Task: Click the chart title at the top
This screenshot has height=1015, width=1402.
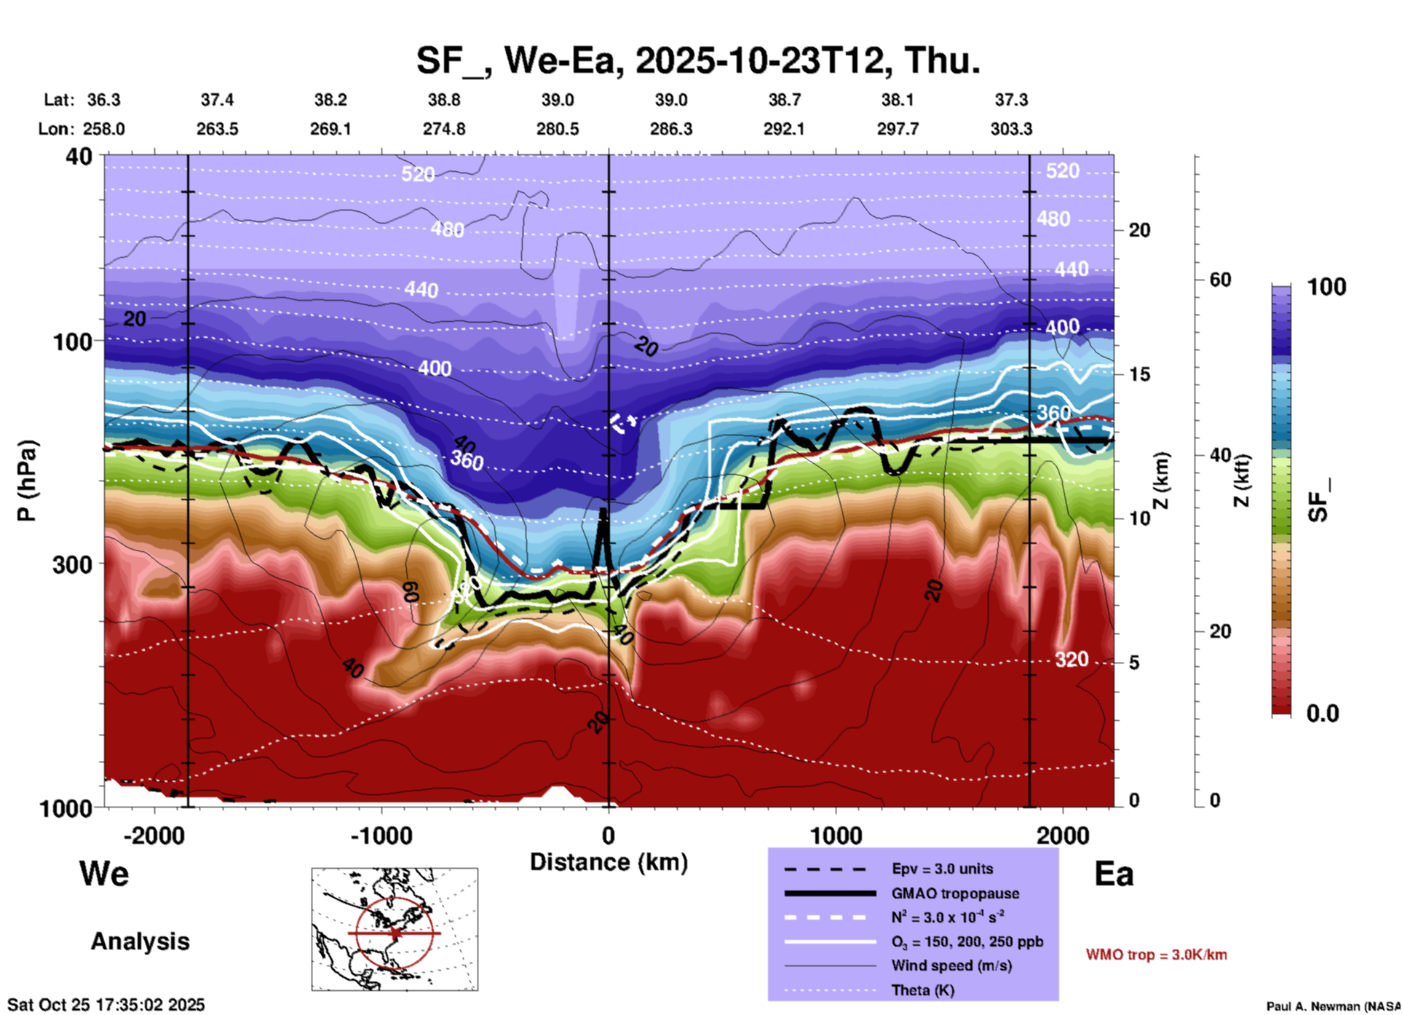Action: coord(698,60)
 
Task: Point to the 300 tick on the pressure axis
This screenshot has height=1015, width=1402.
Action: coord(72,564)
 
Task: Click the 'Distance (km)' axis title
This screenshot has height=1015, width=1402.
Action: coord(609,862)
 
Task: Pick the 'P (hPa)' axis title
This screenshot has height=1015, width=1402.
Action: coord(27,480)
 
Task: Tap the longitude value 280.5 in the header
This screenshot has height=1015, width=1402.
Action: coord(558,129)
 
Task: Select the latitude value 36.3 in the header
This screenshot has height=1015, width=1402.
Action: coord(103,100)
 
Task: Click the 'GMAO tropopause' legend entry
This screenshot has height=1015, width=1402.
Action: coord(955,893)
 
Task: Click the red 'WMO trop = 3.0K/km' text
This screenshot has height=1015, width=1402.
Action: coord(1156,955)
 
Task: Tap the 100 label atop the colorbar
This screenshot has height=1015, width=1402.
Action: coord(1326,287)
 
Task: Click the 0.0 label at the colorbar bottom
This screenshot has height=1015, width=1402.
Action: coord(1323,713)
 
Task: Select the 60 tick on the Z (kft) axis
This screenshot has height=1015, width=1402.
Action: coord(1220,280)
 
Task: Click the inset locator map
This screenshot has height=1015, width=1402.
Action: coord(395,928)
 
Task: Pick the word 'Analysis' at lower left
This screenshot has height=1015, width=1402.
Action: coord(140,941)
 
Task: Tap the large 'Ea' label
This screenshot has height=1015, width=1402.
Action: coord(1114,874)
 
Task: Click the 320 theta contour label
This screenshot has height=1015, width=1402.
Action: coord(1072,660)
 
